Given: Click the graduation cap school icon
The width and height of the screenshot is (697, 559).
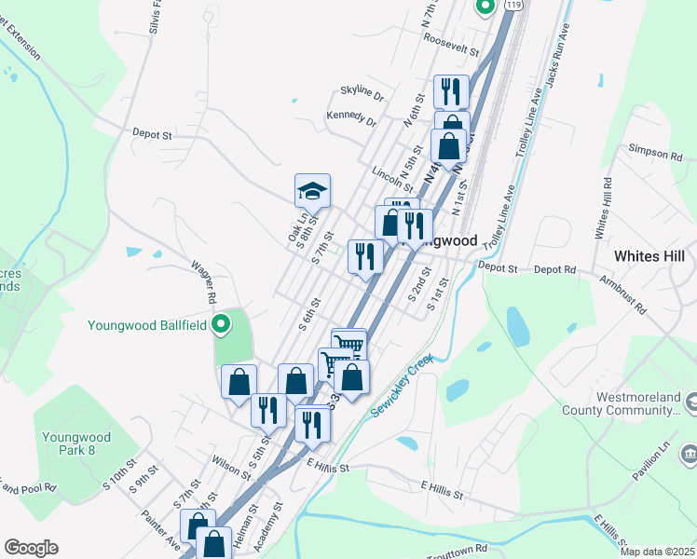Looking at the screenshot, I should [313, 192].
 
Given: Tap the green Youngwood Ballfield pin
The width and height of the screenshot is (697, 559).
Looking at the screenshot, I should [221, 325].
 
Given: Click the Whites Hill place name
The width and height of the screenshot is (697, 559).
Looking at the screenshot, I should [649, 255].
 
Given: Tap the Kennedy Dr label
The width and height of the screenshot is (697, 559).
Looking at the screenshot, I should [351, 120].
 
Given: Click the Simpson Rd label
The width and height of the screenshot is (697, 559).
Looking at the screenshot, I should [649, 151].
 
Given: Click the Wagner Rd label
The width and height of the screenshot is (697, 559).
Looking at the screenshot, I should [204, 282].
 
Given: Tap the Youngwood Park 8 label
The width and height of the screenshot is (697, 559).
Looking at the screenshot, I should [76, 443].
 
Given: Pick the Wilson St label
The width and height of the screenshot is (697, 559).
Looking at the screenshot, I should [231, 466].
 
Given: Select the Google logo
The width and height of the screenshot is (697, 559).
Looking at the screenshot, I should [31, 548].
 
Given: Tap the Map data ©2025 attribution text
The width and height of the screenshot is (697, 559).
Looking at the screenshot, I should [657, 552].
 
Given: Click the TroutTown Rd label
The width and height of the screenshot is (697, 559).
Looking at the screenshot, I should [457, 550].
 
